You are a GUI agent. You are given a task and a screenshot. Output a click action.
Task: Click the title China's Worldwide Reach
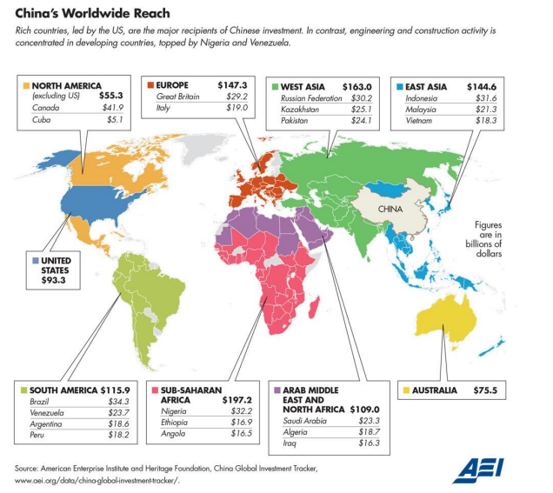[x=92, y=13]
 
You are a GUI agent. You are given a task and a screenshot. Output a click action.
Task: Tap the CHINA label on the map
[x=390, y=210]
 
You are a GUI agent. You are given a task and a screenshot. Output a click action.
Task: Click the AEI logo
[x=478, y=470]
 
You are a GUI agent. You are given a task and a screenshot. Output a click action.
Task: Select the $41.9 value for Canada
[x=112, y=108]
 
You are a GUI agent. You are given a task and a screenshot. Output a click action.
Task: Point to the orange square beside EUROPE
[x=150, y=85]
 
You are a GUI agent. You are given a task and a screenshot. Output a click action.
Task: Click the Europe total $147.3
[x=232, y=85]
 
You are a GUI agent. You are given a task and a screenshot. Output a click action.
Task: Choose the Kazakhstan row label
[x=300, y=110]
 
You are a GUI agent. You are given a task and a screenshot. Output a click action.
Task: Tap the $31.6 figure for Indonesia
[x=486, y=98]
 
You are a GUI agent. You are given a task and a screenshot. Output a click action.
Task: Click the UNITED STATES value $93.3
[x=53, y=280]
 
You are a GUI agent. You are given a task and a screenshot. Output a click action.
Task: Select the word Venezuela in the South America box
[x=47, y=413]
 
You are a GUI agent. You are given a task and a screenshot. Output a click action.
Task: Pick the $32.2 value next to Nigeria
[x=242, y=410]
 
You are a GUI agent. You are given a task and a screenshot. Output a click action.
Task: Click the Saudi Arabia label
[x=304, y=421]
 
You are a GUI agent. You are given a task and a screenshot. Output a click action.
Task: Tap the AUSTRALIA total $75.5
[x=485, y=390]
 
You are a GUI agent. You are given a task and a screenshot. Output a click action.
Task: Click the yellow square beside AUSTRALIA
[x=406, y=390]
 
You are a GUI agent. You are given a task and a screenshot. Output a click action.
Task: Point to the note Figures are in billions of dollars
[x=483, y=239]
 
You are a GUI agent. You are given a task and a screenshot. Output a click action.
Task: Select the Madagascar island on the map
[x=314, y=307]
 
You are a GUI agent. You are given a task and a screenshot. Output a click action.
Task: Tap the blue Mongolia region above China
[x=387, y=189]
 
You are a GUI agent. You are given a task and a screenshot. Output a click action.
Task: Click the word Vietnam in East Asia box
[x=418, y=121]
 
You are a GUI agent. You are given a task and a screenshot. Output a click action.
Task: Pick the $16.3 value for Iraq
[x=370, y=443]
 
